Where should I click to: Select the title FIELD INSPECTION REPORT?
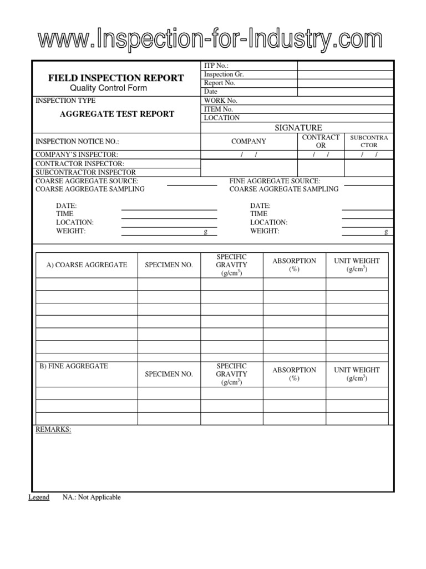[116, 78]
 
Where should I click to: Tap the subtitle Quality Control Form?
[116, 88]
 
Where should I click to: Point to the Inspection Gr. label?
[224, 74]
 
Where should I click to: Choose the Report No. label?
[220, 83]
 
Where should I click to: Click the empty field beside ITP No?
[346, 66]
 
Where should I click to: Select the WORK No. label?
[220, 101]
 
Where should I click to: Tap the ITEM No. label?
[219, 109]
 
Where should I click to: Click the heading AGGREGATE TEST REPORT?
[116, 114]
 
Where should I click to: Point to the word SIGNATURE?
[298, 128]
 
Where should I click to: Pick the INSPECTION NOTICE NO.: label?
[77, 142]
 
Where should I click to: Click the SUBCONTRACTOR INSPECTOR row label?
[85, 172]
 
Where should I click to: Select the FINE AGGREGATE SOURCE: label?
[275, 181]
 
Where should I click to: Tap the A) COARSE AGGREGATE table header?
[87, 265]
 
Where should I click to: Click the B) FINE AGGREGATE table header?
[74, 366]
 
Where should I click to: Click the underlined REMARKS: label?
[53, 430]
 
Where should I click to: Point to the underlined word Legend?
[39, 497]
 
